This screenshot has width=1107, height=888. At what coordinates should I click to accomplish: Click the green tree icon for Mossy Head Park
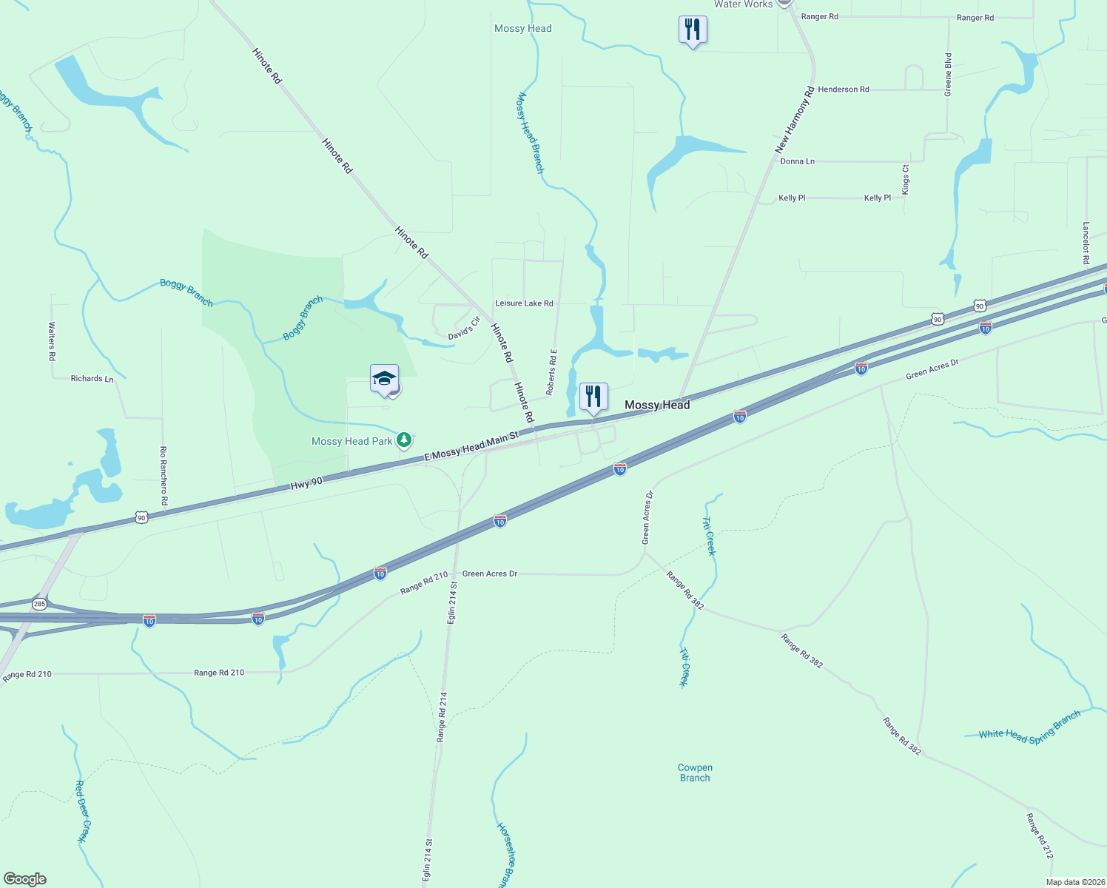tap(403, 441)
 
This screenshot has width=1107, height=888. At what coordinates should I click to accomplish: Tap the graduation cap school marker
tap(384, 380)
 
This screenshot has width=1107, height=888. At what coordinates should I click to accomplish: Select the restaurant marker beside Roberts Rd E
tap(593, 397)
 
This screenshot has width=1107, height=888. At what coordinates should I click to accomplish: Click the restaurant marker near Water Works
tap(693, 30)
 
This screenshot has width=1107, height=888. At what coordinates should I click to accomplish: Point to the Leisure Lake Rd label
tap(524, 303)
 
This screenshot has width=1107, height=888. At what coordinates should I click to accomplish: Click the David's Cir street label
tap(464, 329)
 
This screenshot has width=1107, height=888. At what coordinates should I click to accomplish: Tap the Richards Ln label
tap(92, 379)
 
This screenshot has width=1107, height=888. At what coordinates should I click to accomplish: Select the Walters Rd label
tap(52, 340)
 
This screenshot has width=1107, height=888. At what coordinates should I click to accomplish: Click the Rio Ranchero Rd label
tap(164, 476)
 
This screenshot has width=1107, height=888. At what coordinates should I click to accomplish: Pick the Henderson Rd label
tap(844, 90)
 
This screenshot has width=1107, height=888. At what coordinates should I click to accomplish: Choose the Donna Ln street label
tap(797, 161)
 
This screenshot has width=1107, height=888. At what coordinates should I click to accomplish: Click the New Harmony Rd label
tap(795, 120)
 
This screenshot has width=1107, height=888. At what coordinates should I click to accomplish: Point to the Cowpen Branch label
tap(695, 773)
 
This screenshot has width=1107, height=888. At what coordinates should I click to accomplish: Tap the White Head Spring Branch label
tap(1029, 727)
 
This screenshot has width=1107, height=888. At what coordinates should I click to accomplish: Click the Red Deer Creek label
tap(83, 811)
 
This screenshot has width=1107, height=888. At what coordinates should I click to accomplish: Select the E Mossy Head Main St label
tap(471, 448)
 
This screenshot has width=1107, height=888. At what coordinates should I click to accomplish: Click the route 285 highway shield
tap(39, 604)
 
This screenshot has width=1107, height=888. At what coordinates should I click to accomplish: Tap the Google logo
tap(25, 879)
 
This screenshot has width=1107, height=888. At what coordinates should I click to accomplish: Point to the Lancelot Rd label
tap(1086, 243)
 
